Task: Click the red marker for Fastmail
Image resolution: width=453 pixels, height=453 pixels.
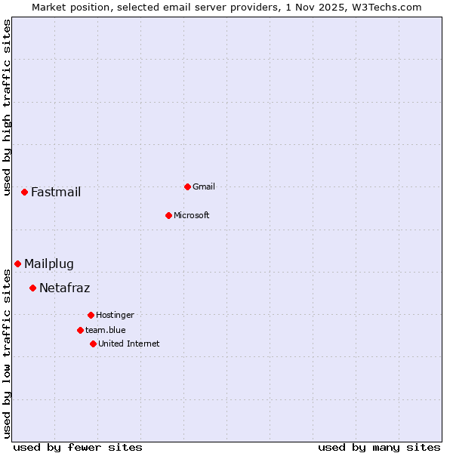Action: tap(24, 193)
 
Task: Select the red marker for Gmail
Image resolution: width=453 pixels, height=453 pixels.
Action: tap(187, 186)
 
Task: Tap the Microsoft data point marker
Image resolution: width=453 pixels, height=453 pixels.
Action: tap(168, 215)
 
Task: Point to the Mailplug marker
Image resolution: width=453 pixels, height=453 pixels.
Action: tap(17, 263)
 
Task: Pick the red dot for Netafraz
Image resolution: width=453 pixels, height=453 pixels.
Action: tap(32, 288)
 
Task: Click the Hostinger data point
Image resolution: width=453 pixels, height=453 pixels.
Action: tap(91, 315)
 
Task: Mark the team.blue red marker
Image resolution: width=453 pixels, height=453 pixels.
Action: tap(80, 330)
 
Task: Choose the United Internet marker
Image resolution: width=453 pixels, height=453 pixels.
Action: tap(93, 344)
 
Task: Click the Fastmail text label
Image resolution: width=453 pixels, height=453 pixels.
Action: tap(56, 193)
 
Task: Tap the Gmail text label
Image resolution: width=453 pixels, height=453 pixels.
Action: tap(204, 186)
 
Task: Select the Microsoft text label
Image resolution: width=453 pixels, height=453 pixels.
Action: tap(191, 215)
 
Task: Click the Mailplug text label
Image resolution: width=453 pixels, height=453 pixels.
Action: tap(49, 263)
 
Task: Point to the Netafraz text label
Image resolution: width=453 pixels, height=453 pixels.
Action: tap(64, 288)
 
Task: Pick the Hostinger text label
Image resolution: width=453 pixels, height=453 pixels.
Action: tap(115, 315)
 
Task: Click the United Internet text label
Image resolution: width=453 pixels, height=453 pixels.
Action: tap(128, 344)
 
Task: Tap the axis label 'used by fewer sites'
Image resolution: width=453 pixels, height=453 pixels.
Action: tap(78, 447)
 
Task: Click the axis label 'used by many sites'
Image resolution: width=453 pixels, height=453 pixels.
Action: tap(379, 447)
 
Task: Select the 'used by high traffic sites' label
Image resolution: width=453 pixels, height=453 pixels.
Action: tap(8, 107)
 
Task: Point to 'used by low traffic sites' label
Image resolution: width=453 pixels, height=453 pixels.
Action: tap(8, 353)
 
